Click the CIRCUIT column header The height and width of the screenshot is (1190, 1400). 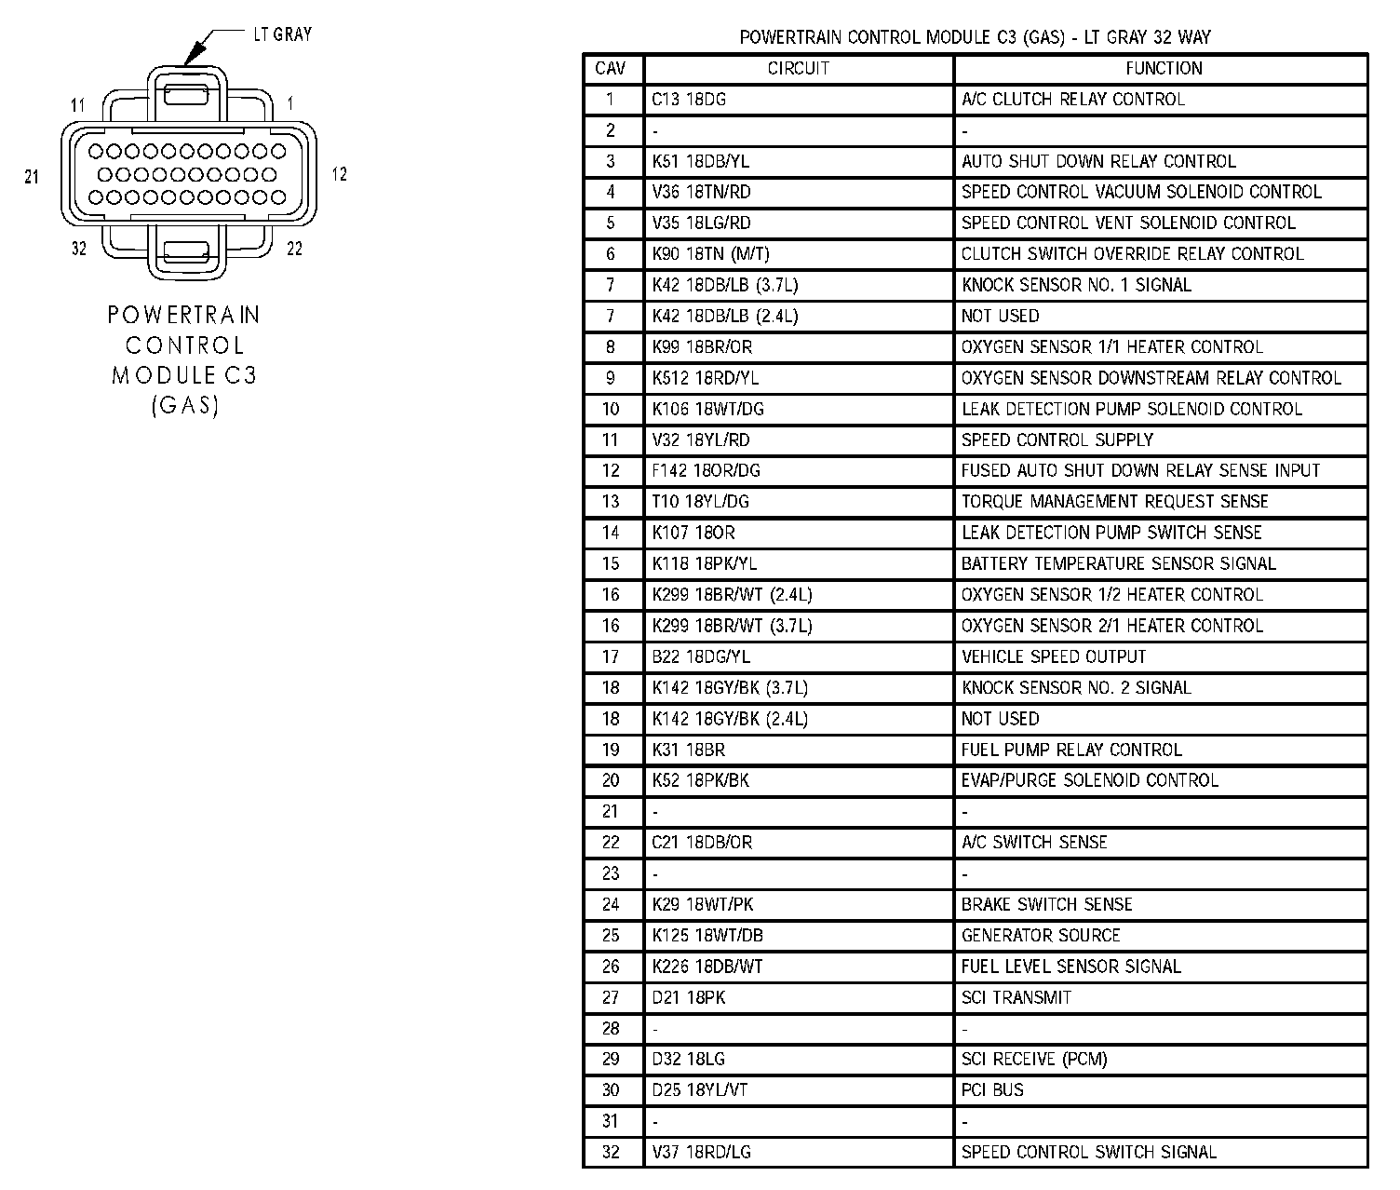click(x=798, y=68)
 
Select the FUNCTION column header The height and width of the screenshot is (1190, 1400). click(x=1164, y=68)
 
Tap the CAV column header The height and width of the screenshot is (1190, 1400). click(x=611, y=68)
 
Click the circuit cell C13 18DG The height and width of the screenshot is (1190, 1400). click(x=689, y=100)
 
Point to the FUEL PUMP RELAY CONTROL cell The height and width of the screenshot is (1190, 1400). click(x=1071, y=750)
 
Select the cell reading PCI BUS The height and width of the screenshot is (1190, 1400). click(x=992, y=1089)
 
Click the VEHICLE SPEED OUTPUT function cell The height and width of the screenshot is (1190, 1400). click(x=1054, y=656)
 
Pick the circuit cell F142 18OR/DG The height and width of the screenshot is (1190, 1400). click(x=707, y=471)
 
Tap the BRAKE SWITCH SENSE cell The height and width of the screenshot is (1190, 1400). click(x=1047, y=904)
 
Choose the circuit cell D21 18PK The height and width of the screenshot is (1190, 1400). click(x=689, y=997)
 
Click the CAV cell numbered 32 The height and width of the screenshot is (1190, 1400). click(x=611, y=1152)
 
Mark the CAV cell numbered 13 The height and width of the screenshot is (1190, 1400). click(x=611, y=502)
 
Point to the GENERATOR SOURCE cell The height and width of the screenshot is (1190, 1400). click(x=1041, y=935)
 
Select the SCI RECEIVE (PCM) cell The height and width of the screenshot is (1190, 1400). click(x=1034, y=1059)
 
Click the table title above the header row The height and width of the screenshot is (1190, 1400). click(x=975, y=37)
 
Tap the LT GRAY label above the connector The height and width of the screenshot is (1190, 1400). click(x=283, y=34)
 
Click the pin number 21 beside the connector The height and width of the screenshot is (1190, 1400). click(x=32, y=176)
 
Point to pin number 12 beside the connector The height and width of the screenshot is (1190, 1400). click(x=339, y=174)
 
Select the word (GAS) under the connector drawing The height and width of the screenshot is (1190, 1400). click(x=184, y=406)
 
